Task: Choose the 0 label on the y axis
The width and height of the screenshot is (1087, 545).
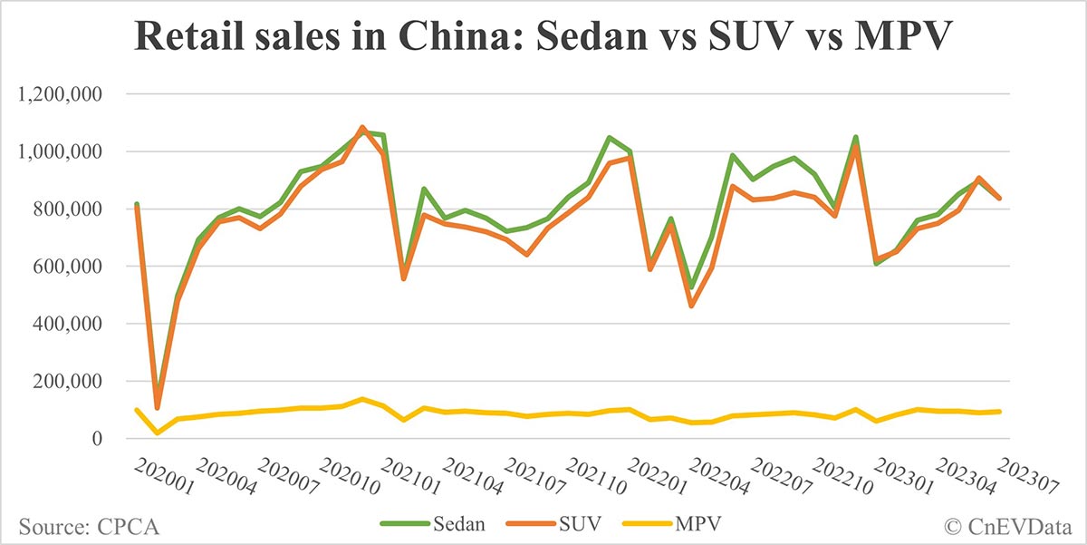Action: click(x=107, y=440)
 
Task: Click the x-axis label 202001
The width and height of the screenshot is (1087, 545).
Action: click(x=158, y=475)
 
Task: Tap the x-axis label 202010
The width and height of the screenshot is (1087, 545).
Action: click(x=343, y=475)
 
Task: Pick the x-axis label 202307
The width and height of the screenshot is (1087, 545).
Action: click(x=1025, y=475)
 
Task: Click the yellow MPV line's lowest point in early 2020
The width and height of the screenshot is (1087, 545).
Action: click(x=158, y=433)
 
